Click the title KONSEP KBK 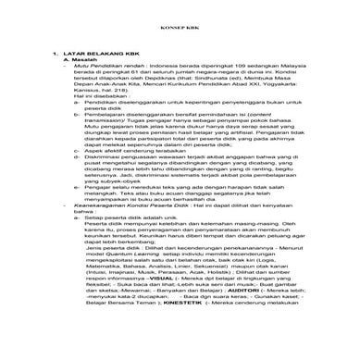(180, 29)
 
